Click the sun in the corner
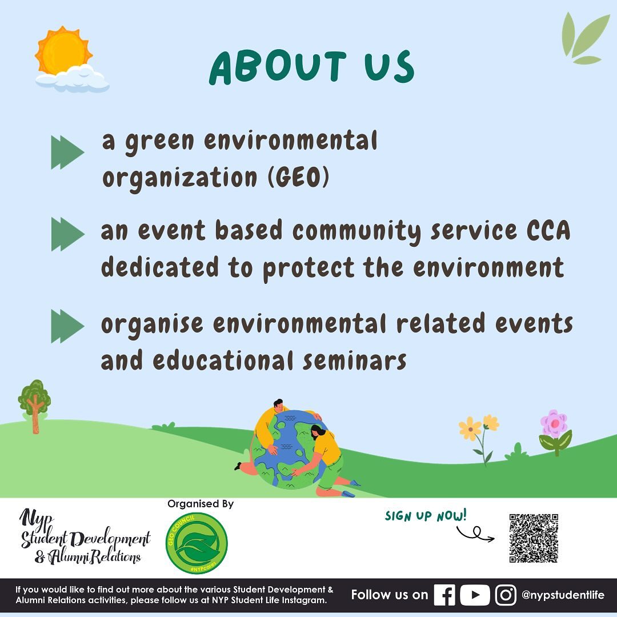click(x=63, y=50)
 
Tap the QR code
click(x=534, y=538)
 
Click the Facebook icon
click(x=444, y=595)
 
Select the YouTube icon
click(x=475, y=595)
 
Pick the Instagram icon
click(x=506, y=595)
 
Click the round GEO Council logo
click(x=197, y=543)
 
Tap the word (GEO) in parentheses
click(x=298, y=178)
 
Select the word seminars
click(x=355, y=361)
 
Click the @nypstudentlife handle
click(x=563, y=595)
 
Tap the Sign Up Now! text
click(x=426, y=515)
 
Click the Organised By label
click(x=201, y=504)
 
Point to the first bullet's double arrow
click(x=67, y=153)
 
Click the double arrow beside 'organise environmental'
click(x=67, y=326)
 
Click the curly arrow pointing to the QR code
click(x=475, y=534)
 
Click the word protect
click(x=308, y=269)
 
